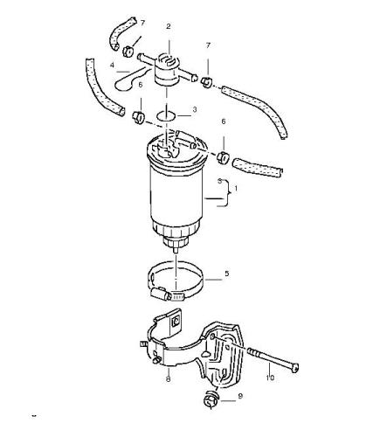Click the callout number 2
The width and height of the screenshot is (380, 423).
click(169, 26)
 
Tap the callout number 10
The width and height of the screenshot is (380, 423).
click(270, 378)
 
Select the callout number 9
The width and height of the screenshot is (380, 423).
click(240, 396)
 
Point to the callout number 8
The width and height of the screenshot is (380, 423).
click(168, 379)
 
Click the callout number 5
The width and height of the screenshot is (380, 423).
click(227, 274)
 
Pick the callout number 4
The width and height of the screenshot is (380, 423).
click(112, 66)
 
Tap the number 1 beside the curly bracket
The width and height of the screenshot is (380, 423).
click(236, 189)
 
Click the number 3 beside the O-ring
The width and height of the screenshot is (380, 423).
click(195, 109)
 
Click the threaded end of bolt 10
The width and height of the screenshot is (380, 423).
click(253, 353)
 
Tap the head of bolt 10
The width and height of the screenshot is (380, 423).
click(294, 368)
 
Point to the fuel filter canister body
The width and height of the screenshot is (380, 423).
click(176, 192)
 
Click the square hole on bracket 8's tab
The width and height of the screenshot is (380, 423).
click(176, 322)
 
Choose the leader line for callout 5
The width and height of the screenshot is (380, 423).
click(213, 280)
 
